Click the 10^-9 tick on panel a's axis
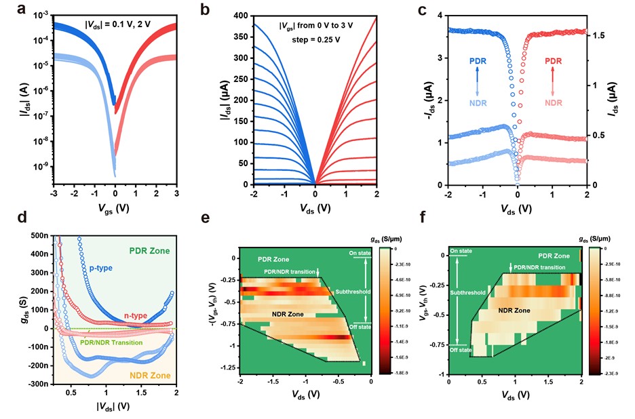click(x=33, y=165)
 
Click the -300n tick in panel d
click(x=37, y=384)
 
